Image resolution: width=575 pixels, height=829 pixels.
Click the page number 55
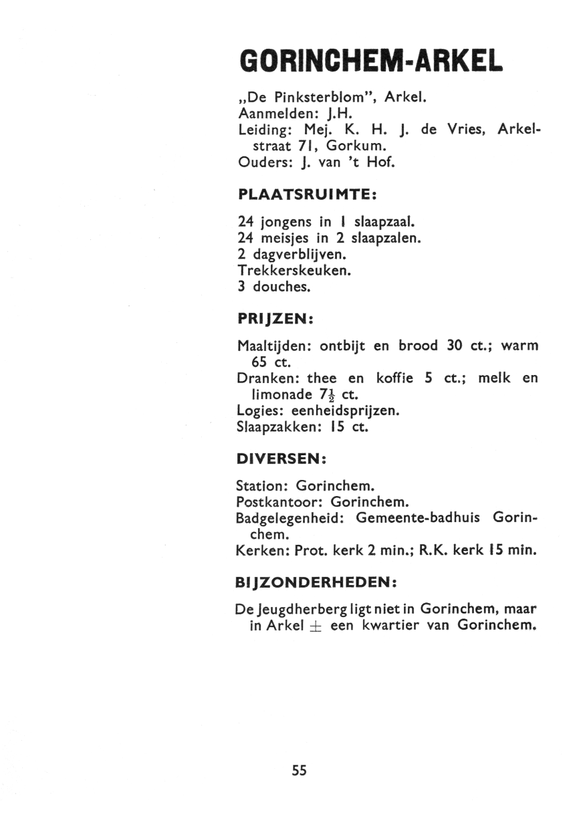click(299, 770)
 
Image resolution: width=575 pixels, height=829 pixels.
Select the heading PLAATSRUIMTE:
click(308, 195)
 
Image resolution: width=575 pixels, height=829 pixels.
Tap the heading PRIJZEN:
click(276, 320)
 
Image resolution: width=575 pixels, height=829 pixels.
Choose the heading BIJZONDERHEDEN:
click(318, 583)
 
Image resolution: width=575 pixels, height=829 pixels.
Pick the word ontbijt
click(342, 346)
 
